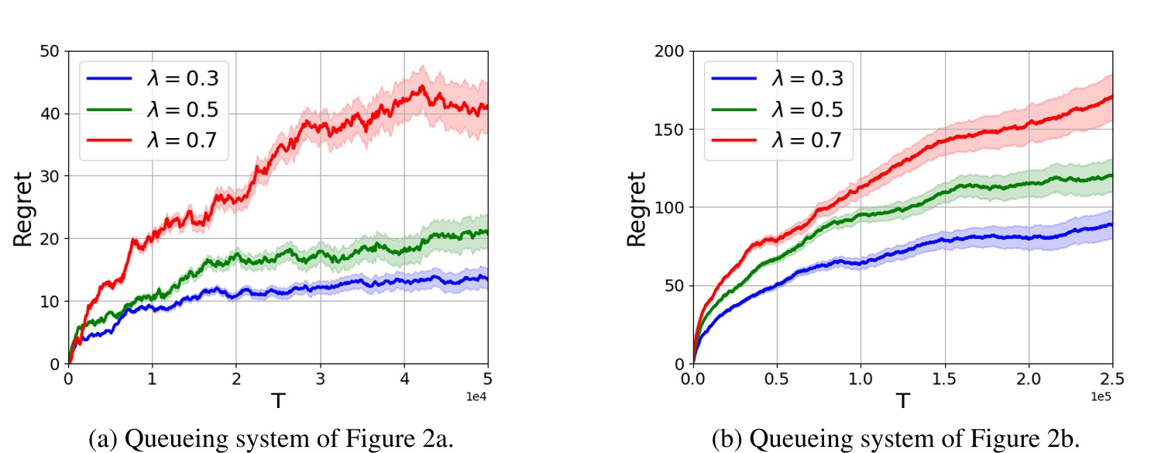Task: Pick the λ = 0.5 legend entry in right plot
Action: coord(775,110)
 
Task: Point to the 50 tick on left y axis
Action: coord(51,51)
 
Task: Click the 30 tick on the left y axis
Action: coord(51,176)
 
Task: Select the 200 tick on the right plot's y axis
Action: coord(670,51)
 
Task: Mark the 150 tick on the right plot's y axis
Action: coord(670,130)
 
